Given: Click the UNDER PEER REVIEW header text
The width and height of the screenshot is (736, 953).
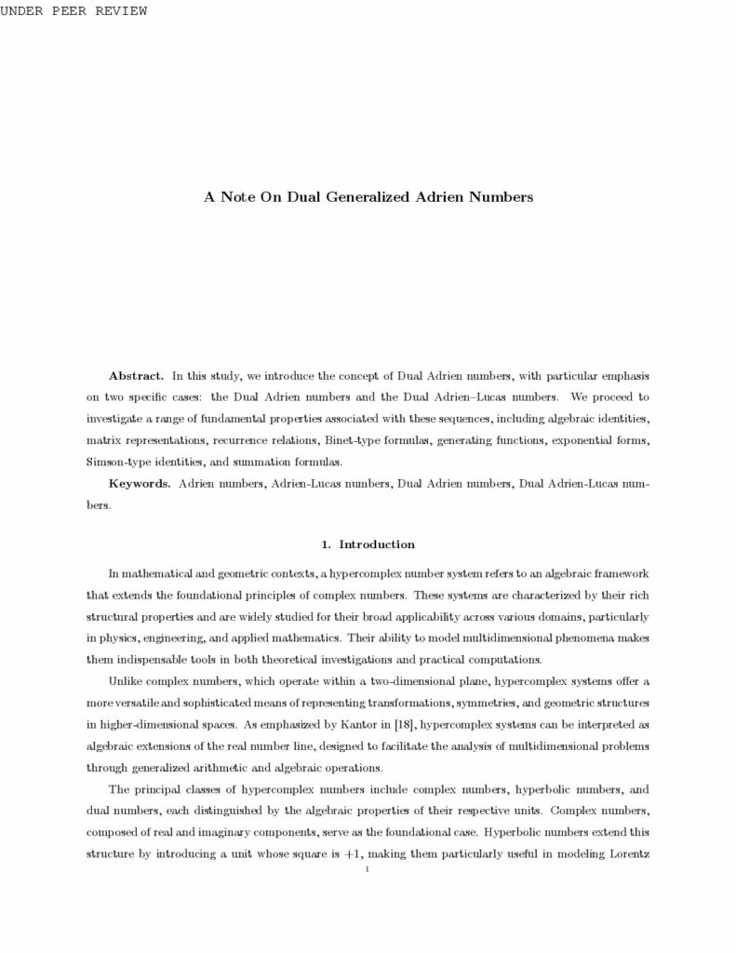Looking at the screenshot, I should [x=74, y=10].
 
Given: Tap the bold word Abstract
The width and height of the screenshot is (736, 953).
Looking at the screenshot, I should [x=137, y=375].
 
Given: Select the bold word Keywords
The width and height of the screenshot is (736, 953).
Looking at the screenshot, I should [x=140, y=484].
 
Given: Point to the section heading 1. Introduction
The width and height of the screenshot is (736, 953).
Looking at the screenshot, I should [x=368, y=544].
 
